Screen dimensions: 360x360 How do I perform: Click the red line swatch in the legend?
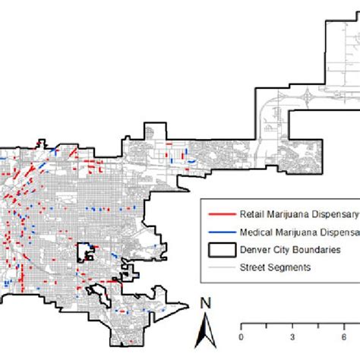point(217,213)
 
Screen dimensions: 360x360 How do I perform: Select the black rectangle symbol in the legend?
point(217,249)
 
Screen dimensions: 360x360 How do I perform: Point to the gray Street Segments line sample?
point(217,267)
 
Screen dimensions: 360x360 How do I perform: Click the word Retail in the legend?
point(251,213)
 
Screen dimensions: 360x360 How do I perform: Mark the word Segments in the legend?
point(286,267)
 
